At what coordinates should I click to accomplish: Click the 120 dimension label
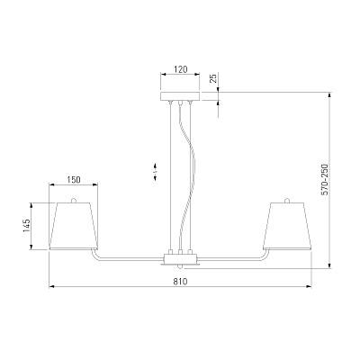pyautogui.click(x=181, y=69)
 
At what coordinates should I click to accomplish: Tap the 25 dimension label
pyautogui.click(x=213, y=79)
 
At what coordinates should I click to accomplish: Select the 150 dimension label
pyautogui.click(x=74, y=180)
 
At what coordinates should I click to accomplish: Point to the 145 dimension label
pyautogui.click(x=26, y=226)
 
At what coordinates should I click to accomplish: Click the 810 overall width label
pyautogui.click(x=180, y=282)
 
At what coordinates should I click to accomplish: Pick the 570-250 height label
pyautogui.click(x=325, y=180)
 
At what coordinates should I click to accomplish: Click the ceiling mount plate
pyautogui.click(x=180, y=96)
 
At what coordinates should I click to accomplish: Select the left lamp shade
pyautogui.click(x=74, y=226)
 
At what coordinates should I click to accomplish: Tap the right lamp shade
pyautogui.click(x=287, y=226)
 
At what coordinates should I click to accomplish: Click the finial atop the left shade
pyautogui.click(x=73, y=200)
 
